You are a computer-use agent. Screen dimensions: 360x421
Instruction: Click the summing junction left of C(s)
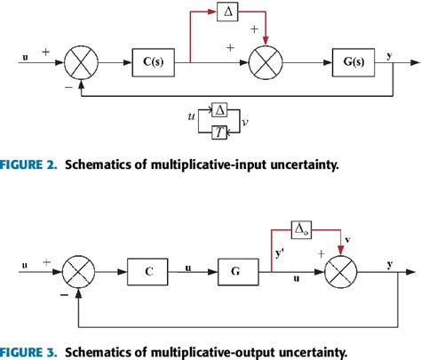click(x=81, y=62)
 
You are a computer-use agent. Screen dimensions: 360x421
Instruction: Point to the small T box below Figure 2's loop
click(x=218, y=132)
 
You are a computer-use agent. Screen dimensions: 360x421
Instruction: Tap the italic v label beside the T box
click(x=244, y=124)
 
